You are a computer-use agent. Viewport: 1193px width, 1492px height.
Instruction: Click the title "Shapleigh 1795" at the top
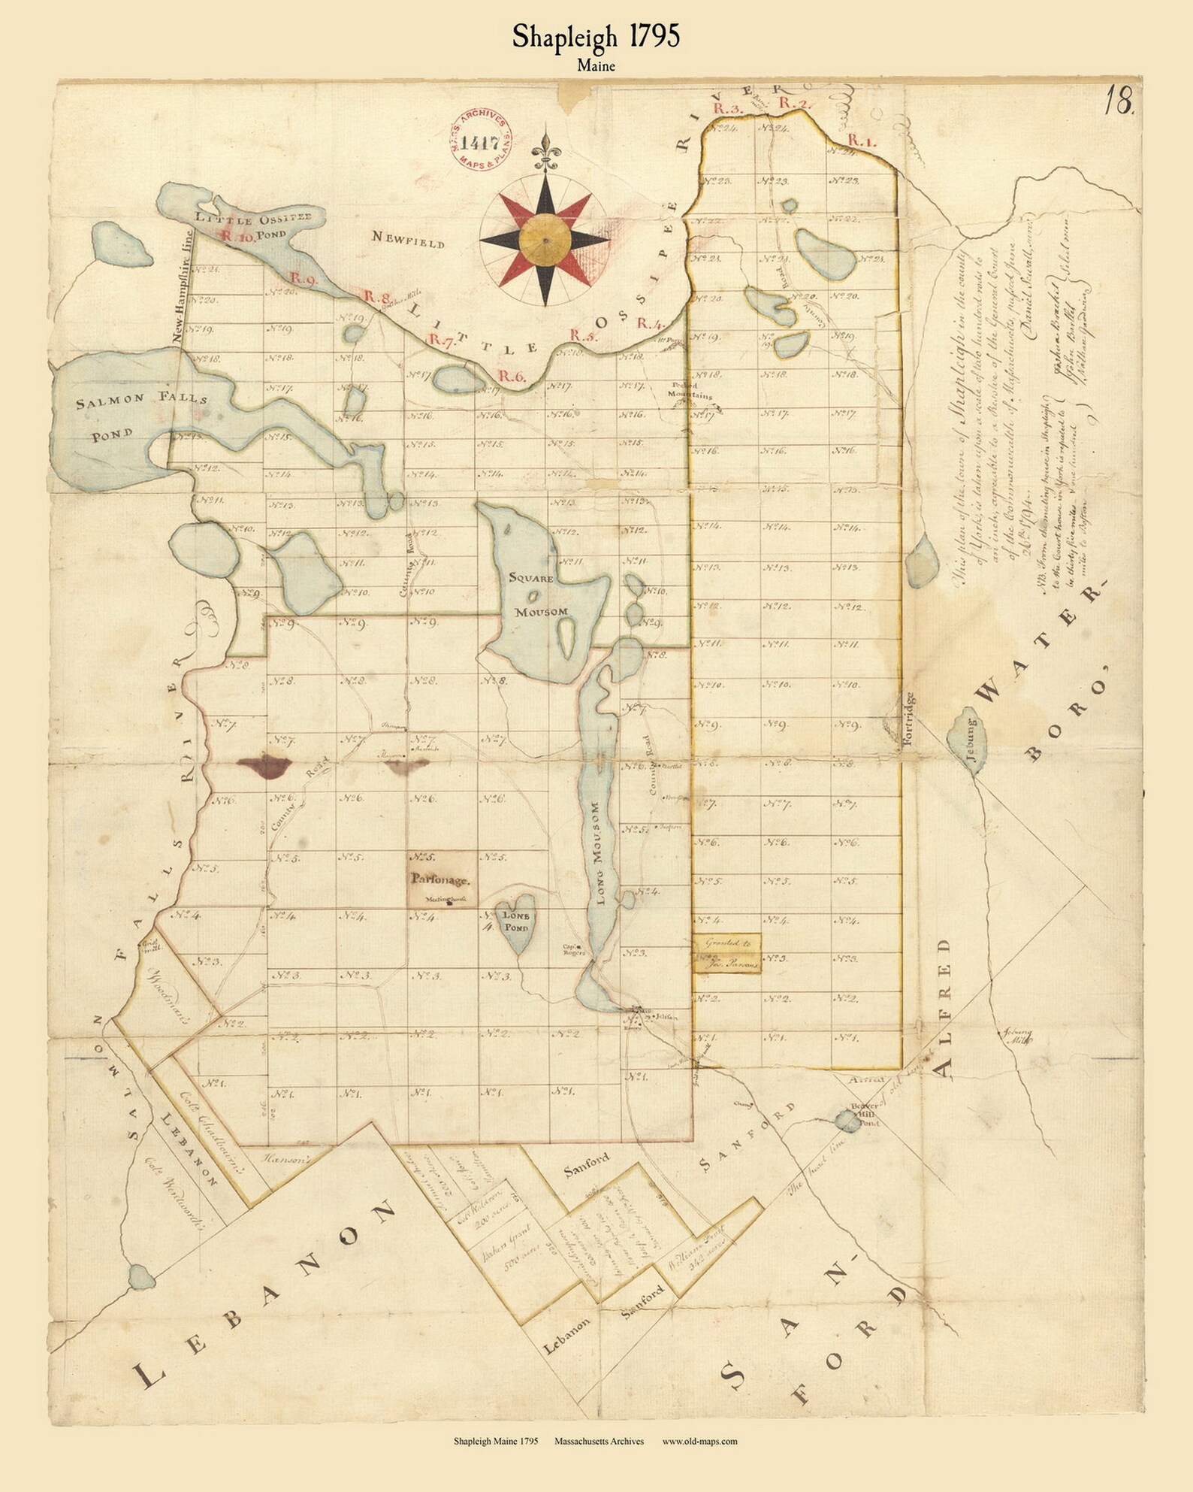(596, 37)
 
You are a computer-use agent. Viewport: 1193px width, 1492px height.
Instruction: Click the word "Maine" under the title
(596, 65)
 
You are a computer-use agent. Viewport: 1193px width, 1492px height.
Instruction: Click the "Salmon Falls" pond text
(142, 401)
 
